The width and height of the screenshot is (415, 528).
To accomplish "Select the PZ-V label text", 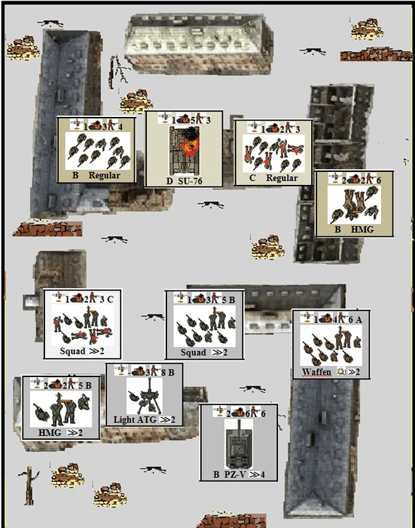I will (235, 474).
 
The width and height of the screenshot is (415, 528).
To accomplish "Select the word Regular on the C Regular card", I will (282, 178).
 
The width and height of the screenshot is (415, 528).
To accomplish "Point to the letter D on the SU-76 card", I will (169, 181).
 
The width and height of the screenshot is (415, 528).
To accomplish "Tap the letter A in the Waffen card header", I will (359, 318).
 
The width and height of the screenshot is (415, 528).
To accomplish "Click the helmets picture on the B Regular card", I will (98, 151).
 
